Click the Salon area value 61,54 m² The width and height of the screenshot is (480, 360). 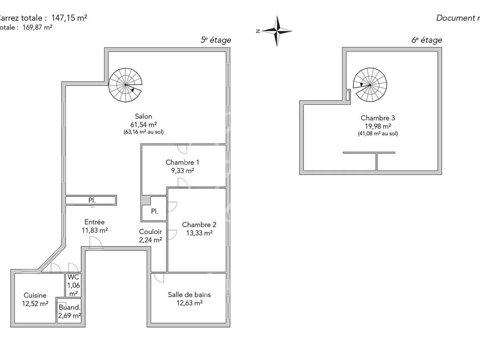click(144, 124)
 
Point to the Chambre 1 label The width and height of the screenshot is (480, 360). click(182, 162)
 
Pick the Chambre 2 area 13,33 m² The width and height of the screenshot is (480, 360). click(197, 233)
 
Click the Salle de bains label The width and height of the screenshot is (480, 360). click(189, 295)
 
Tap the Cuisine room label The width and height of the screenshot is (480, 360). click(35, 296)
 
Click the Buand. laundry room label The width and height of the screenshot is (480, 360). click(69, 308)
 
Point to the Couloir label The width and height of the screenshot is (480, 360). click(150, 232)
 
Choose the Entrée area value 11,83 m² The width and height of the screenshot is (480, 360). click(94, 230)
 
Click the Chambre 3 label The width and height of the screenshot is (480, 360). click(378, 118)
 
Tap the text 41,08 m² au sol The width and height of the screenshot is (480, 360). click(378, 134)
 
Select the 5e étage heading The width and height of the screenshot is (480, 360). click(216, 40)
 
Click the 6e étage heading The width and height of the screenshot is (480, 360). click(427, 40)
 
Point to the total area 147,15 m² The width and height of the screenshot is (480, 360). click(69, 18)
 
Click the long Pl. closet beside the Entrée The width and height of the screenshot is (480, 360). click(91, 200)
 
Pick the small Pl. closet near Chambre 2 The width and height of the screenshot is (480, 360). click(154, 211)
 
